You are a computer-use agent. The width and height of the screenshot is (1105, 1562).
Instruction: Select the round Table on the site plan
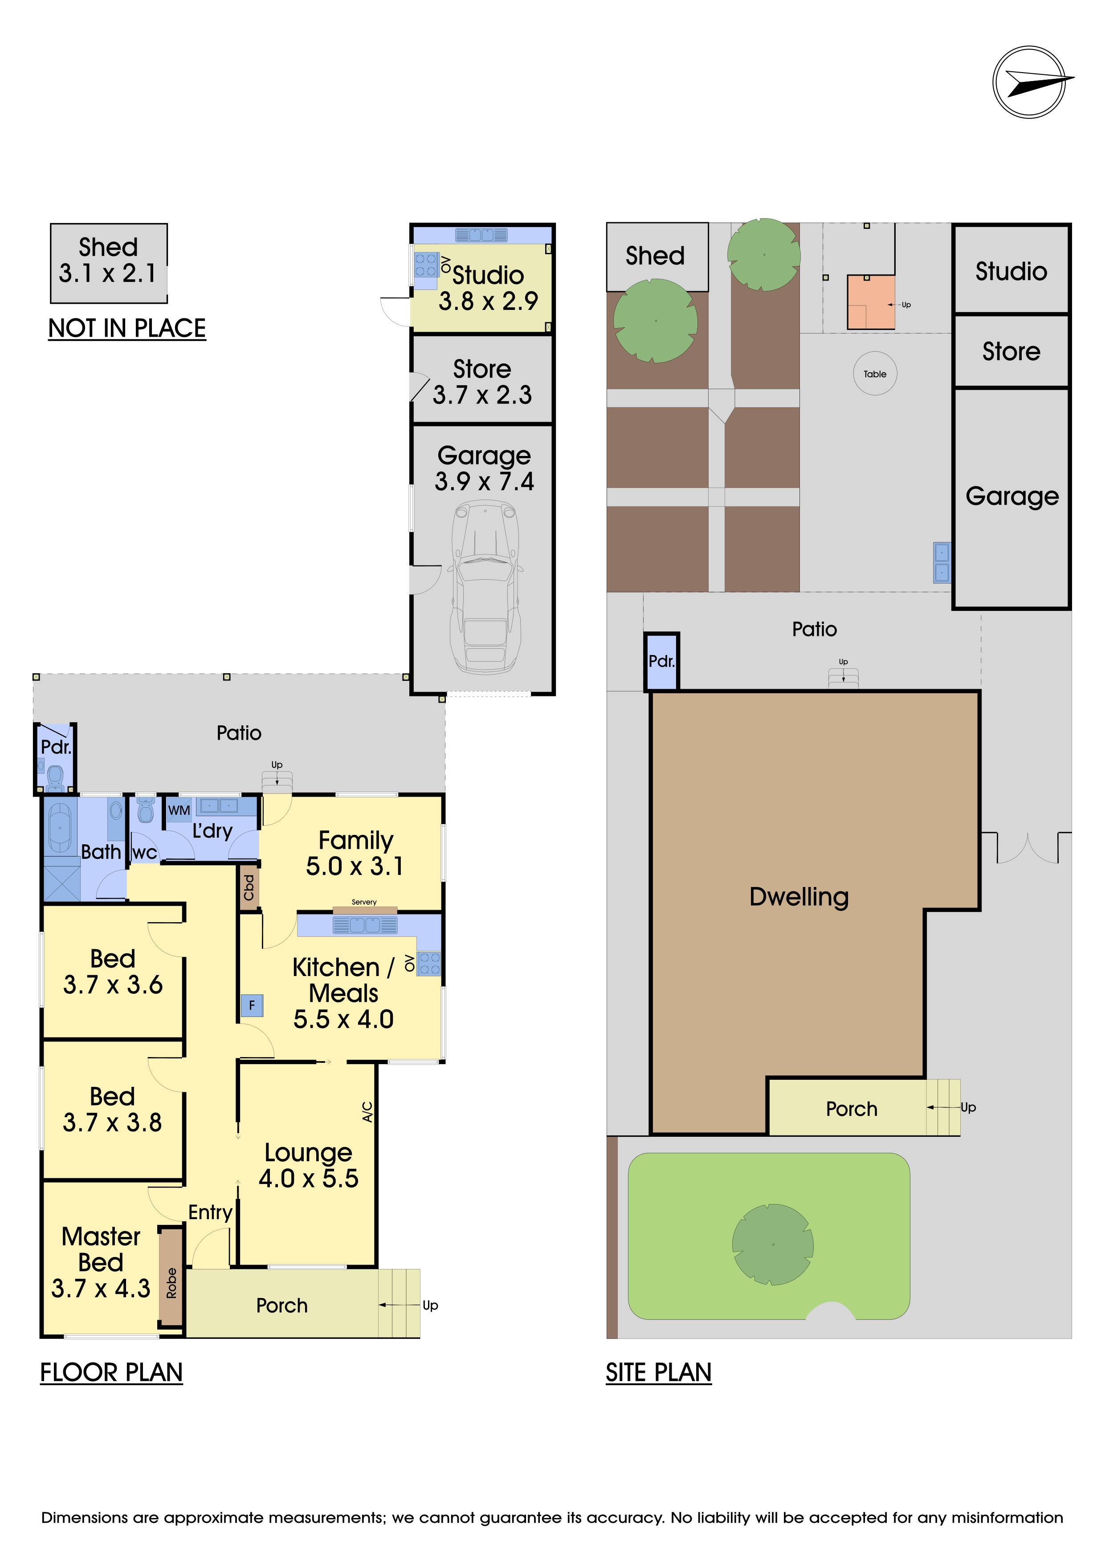pyautogui.click(x=875, y=374)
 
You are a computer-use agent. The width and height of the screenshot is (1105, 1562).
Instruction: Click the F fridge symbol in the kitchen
pyautogui.click(x=252, y=1005)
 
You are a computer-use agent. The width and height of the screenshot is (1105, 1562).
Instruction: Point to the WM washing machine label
pyautogui.click(x=179, y=810)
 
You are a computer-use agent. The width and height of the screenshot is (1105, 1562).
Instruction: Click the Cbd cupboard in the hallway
pyautogui.click(x=249, y=887)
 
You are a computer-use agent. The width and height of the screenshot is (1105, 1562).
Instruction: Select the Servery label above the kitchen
pyautogui.click(x=364, y=902)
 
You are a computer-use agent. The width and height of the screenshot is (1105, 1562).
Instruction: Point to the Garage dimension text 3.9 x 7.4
pyautogui.click(x=485, y=482)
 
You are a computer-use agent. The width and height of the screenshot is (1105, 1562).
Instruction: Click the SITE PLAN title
pyautogui.click(x=659, y=1372)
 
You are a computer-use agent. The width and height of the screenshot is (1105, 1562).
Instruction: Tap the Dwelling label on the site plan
pyautogui.click(x=799, y=897)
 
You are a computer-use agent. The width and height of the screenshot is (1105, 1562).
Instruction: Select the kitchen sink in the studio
pyautogui.click(x=482, y=235)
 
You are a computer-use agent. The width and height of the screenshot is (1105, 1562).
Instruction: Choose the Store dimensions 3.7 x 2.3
pyautogui.click(x=482, y=395)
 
